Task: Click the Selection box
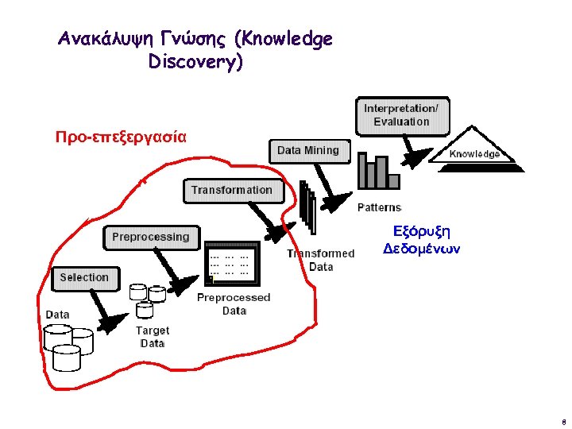point(84,277)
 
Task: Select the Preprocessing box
point(151,237)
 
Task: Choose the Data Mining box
point(308,150)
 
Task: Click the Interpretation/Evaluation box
point(401,115)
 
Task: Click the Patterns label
point(380,207)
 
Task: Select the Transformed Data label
point(321,260)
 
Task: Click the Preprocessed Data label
point(234,303)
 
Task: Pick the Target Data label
point(153,336)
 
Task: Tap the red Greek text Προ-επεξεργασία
point(121,136)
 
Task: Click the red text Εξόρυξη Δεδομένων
point(422,239)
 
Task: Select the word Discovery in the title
point(195,62)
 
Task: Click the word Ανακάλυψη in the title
point(102,39)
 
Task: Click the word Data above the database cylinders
point(57,315)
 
